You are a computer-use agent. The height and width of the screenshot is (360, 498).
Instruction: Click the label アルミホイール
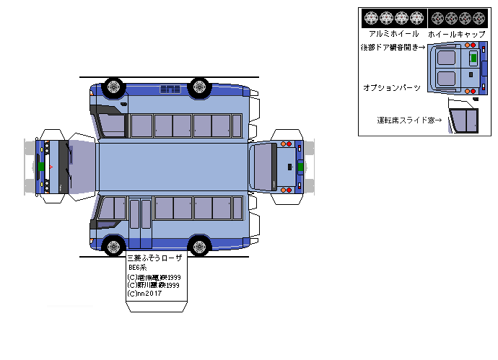393,34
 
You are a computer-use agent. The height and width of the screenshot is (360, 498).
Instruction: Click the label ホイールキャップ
457,34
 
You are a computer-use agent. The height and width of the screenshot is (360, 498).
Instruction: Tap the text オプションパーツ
391,87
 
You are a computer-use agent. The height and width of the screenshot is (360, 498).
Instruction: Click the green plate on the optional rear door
473,56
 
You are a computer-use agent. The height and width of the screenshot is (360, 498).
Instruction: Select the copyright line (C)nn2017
144,294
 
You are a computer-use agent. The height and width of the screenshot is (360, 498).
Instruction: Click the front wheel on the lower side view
113,245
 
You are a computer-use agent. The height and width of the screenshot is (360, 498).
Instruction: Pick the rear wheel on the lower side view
199,245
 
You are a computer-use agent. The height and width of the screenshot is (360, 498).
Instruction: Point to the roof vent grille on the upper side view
170,89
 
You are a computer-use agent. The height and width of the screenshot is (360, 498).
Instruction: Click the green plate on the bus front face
41,167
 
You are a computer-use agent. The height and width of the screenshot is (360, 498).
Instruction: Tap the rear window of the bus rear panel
263,166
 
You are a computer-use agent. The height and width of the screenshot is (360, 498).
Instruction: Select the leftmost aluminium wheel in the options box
371,17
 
